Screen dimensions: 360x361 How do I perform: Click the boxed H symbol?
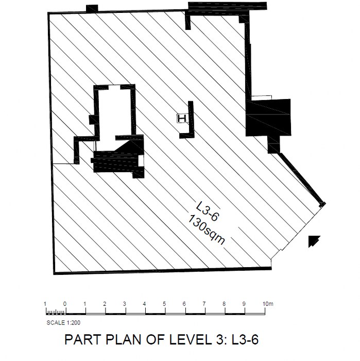coord(182,119)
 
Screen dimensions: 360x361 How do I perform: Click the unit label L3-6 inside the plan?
coord(207,211)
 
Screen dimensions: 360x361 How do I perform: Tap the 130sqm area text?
coord(206,229)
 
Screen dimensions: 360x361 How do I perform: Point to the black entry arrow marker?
coord(314,241)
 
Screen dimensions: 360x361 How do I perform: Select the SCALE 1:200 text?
coord(63,322)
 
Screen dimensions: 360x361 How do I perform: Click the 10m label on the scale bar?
coord(268,304)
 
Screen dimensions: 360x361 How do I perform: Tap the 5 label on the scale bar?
coord(164,304)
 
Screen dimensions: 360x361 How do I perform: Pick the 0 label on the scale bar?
coord(65,304)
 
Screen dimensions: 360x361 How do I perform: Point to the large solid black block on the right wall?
coord(268,118)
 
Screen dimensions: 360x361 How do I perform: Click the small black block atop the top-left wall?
coord(92,9)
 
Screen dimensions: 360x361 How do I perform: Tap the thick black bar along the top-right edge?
coord(227,6)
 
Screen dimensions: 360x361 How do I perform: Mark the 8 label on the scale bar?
coord(224,304)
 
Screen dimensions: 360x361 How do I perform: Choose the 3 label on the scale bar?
coord(124,304)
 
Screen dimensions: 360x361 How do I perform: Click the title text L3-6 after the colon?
coord(245,339)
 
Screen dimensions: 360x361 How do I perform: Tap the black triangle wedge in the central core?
coord(129,147)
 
